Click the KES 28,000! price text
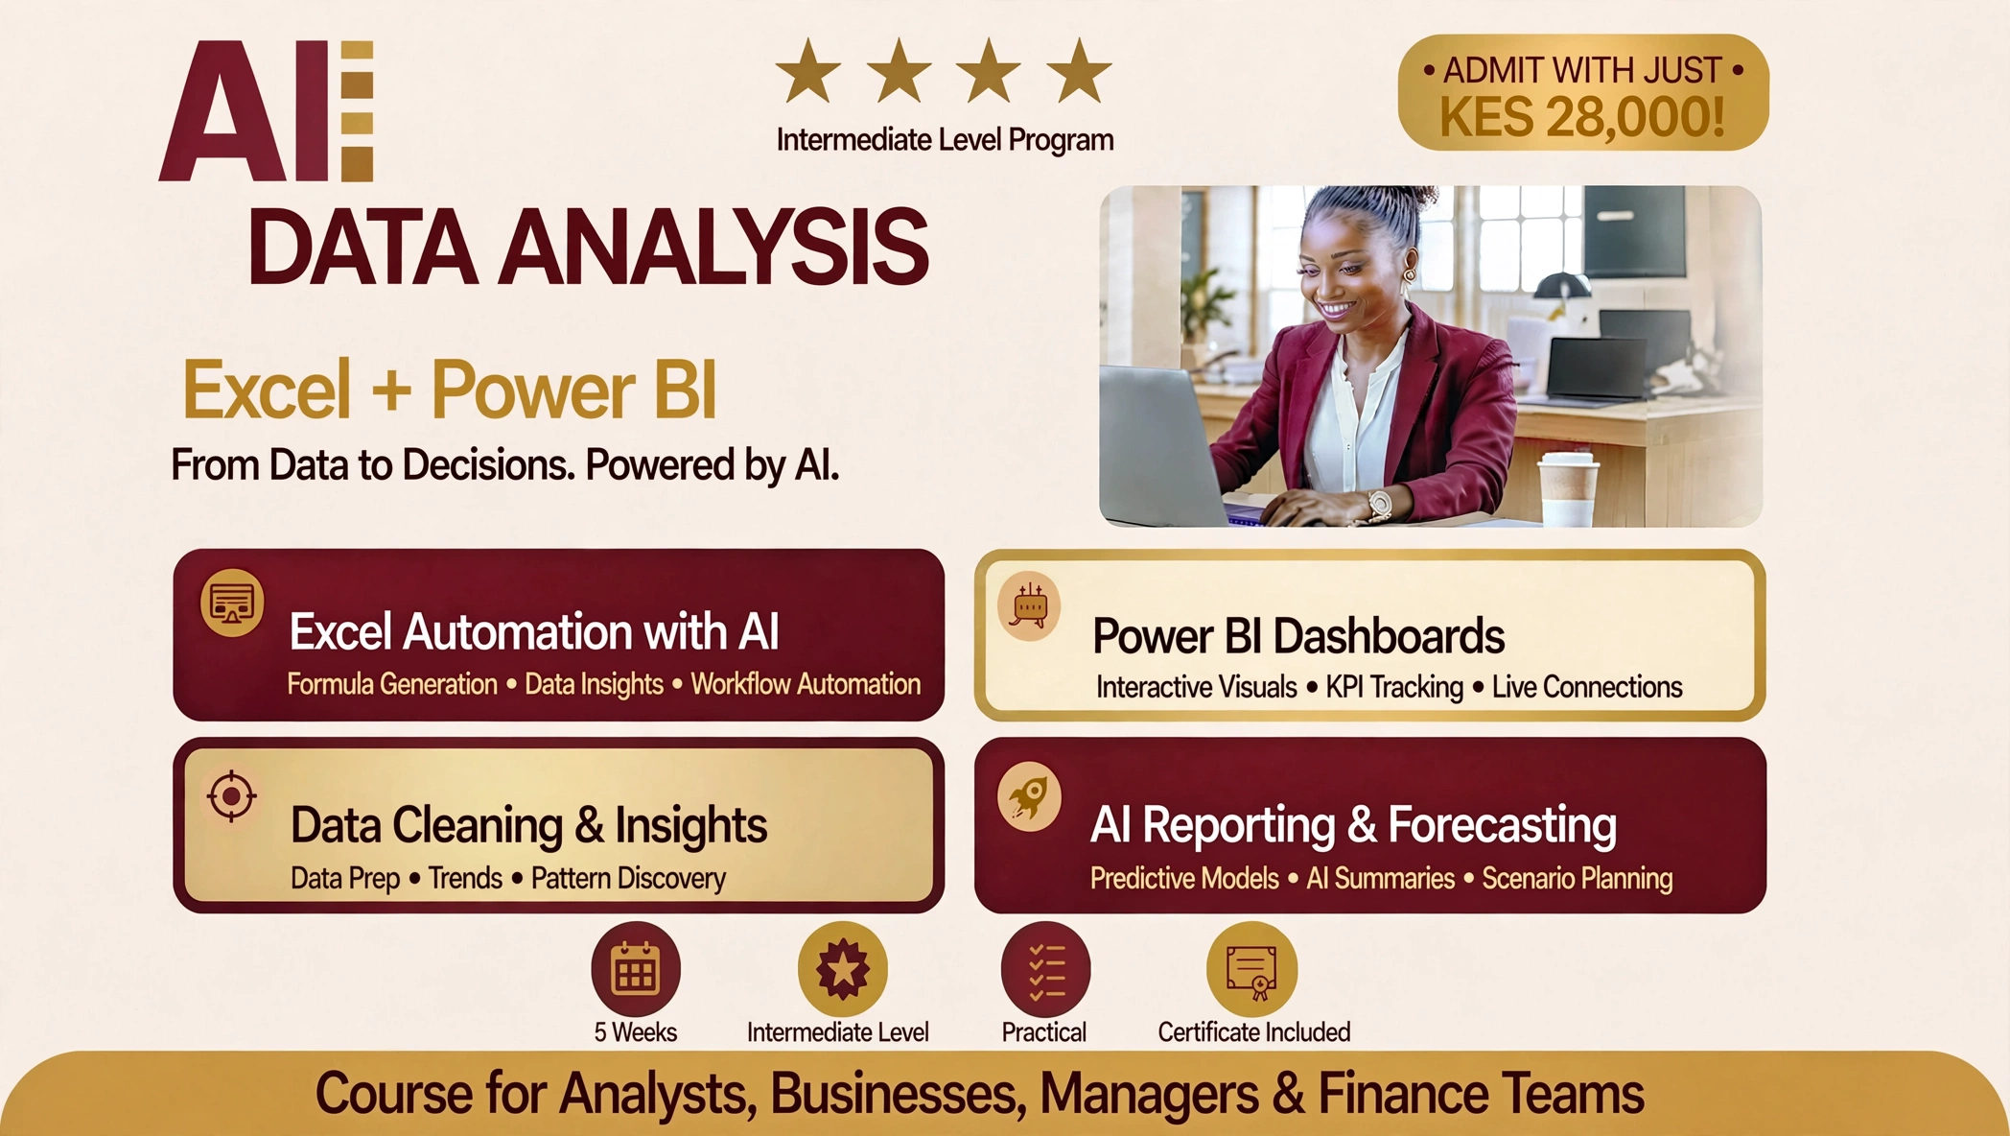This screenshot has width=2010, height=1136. point(1582,117)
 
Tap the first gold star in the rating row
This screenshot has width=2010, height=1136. point(808,71)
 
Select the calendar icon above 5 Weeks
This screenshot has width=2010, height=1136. point(636,969)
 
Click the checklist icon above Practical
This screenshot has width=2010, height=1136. point(1045,969)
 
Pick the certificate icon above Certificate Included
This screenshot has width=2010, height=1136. point(1251,969)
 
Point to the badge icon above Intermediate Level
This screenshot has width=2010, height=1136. point(842,969)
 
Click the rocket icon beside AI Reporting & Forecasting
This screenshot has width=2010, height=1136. point(1029,796)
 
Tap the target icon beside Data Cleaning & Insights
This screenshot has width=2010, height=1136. point(231,795)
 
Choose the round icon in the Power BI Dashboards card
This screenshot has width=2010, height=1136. point(1029,606)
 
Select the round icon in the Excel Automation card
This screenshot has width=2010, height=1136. point(232,603)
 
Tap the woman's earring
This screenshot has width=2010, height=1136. point(1408,275)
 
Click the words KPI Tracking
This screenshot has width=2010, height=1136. point(1394,687)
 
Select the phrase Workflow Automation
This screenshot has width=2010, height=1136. point(806,684)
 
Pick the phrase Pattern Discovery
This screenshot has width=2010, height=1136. point(628,878)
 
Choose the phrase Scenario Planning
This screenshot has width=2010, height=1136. point(1578,878)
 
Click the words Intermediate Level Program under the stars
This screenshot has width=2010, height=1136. point(945,140)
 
